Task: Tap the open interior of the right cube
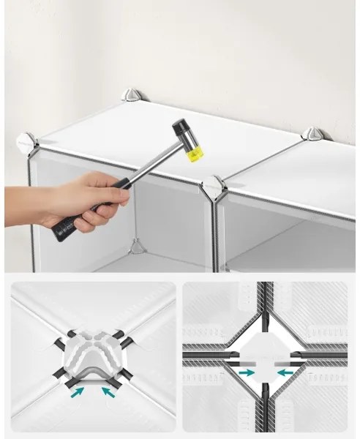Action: click(293, 234)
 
